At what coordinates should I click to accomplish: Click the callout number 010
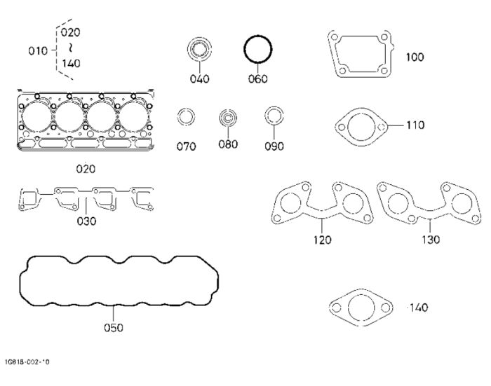click(38, 50)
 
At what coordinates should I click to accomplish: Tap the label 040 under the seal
click(199, 78)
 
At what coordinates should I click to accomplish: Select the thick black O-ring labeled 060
click(258, 49)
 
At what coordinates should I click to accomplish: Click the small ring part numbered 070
click(186, 117)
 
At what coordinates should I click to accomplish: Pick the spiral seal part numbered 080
click(228, 118)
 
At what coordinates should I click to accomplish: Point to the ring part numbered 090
click(274, 116)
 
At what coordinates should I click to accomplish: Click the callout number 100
click(415, 57)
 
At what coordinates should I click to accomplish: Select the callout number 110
click(415, 125)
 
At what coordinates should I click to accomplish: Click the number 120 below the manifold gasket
click(322, 240)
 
